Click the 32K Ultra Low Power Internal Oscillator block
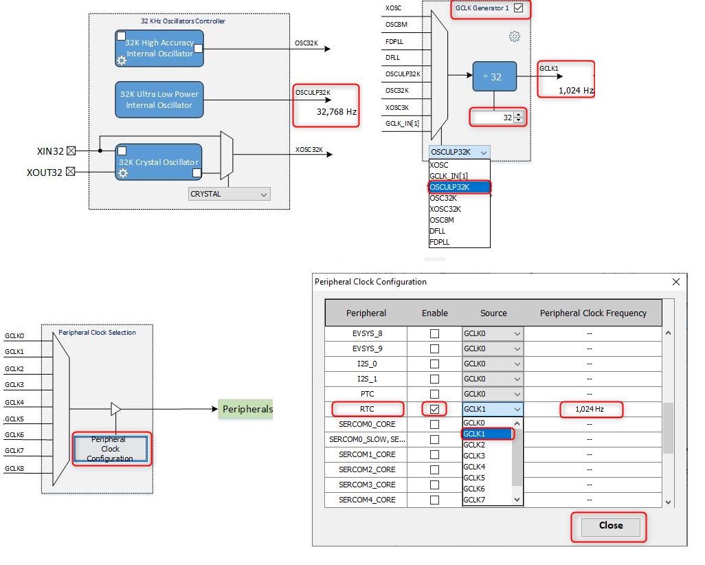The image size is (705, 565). tap(159, 100)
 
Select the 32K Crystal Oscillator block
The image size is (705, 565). tap(159, 162)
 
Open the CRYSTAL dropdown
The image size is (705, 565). tap(230, 195)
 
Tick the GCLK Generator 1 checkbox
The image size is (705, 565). tap(518, 9)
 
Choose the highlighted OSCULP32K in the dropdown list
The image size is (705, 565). tap(459, 187)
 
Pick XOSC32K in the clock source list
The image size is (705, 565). tap(445, 209)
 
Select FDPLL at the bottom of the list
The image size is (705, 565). tap(440, 242)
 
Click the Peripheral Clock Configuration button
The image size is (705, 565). tap(111, 449)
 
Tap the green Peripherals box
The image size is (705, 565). tap(247, 409)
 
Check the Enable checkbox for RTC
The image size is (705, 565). tap(434, 409)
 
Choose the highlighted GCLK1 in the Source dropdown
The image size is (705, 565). tap(486, 434)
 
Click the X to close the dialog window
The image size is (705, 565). tap(676, 282)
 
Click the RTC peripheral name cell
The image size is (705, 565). tap(367, 409)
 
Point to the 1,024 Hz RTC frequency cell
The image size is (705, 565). tap(590, 409)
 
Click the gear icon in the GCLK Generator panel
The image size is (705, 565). tap(514, 36)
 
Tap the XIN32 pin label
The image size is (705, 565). tap(51, 151)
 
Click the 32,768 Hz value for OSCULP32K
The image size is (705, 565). tap(336, 111)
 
